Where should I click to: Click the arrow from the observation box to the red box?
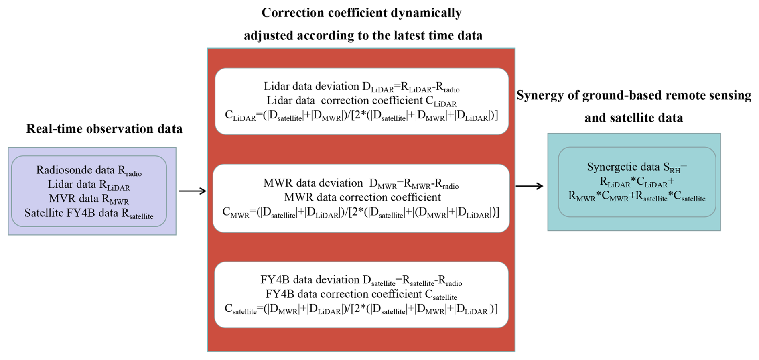pyautogui.click(x=192, y=191)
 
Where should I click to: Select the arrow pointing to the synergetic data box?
pyautogui.click(x=529, y=186)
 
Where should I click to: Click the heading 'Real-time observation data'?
pyautogui.click(x=104, y=129)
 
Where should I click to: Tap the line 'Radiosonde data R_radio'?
pyautogui.click(x=89, y=170)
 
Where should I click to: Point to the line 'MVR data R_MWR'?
pyautogui.click(x=89, y=199)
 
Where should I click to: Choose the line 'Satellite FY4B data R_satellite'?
pyautogui.click(x=89, y=213)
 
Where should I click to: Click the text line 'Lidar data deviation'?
pyautogui.click(x=361, y=87)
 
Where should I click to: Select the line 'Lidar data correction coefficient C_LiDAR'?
pyautogui.click(x=361, y=101)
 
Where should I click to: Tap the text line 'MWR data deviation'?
pyautogui.click(x=361, y=183)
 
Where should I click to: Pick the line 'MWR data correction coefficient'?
pyautogui.click(x=362, y=197)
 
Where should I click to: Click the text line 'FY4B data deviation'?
pyautogui.click(x=361, y=280)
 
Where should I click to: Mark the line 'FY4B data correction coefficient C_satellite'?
pyautogui.click(x=361, y=294)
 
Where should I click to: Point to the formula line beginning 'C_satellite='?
pyautogui.click(x=361, y=309)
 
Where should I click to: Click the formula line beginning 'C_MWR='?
pyautogui.click(x=361, y=212)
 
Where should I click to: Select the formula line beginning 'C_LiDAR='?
pyautogui.click(x=361, y=116)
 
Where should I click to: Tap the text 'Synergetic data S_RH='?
pyautogui.click(x=637, y=167)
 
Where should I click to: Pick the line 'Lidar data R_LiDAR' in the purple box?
pyautogui.click(x=89, y=185)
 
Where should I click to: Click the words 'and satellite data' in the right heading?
pyautogui.click(x=633, y=118)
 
